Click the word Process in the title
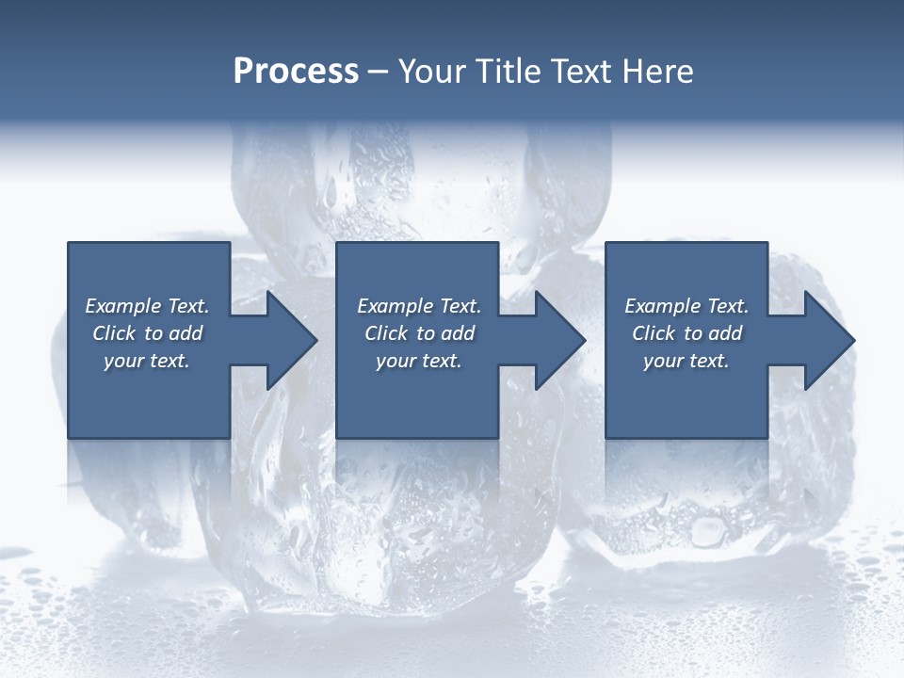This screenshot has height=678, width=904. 296,72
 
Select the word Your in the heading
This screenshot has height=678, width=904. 433,72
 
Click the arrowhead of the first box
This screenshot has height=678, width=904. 291,340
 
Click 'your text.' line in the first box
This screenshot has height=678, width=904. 147,361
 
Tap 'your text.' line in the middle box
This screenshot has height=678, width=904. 418,361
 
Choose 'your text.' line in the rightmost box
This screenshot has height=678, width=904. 686,361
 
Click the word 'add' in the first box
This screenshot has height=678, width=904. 186,333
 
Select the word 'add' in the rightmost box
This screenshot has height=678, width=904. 726,333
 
